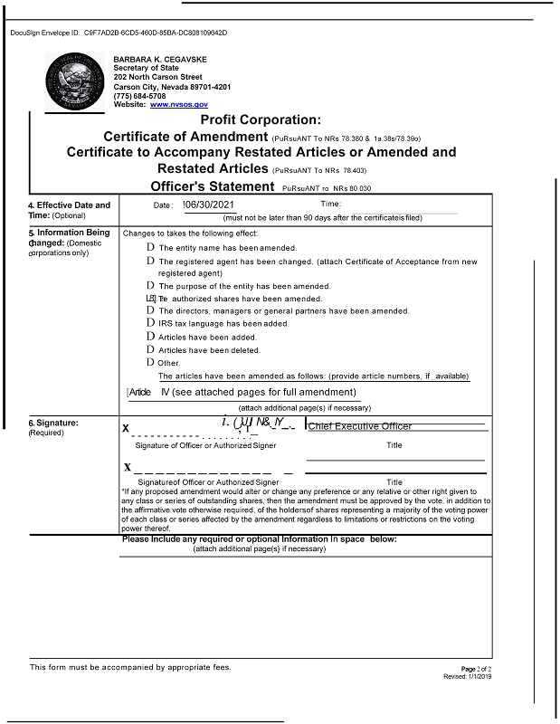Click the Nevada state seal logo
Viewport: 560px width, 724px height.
coord(75,81)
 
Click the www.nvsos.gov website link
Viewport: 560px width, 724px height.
coord(179,105)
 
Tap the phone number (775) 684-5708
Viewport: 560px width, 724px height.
coord(139,96)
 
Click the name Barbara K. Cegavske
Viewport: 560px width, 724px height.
coord(160,60)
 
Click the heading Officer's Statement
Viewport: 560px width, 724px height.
coord(212,186)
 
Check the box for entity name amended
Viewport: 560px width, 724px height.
coord(150,247)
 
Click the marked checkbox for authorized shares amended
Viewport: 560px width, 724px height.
coord(150,298)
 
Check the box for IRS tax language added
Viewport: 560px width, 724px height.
coord(150,323)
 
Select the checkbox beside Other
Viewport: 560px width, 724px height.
coord(150,363)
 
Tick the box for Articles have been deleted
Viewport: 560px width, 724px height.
coord(150,349)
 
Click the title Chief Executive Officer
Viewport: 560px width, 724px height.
coord(360,425)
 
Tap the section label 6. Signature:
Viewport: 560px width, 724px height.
coord(52,423)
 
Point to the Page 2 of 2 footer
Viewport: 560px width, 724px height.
coord(476,669)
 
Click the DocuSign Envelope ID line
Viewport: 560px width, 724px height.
coord(118,33)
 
